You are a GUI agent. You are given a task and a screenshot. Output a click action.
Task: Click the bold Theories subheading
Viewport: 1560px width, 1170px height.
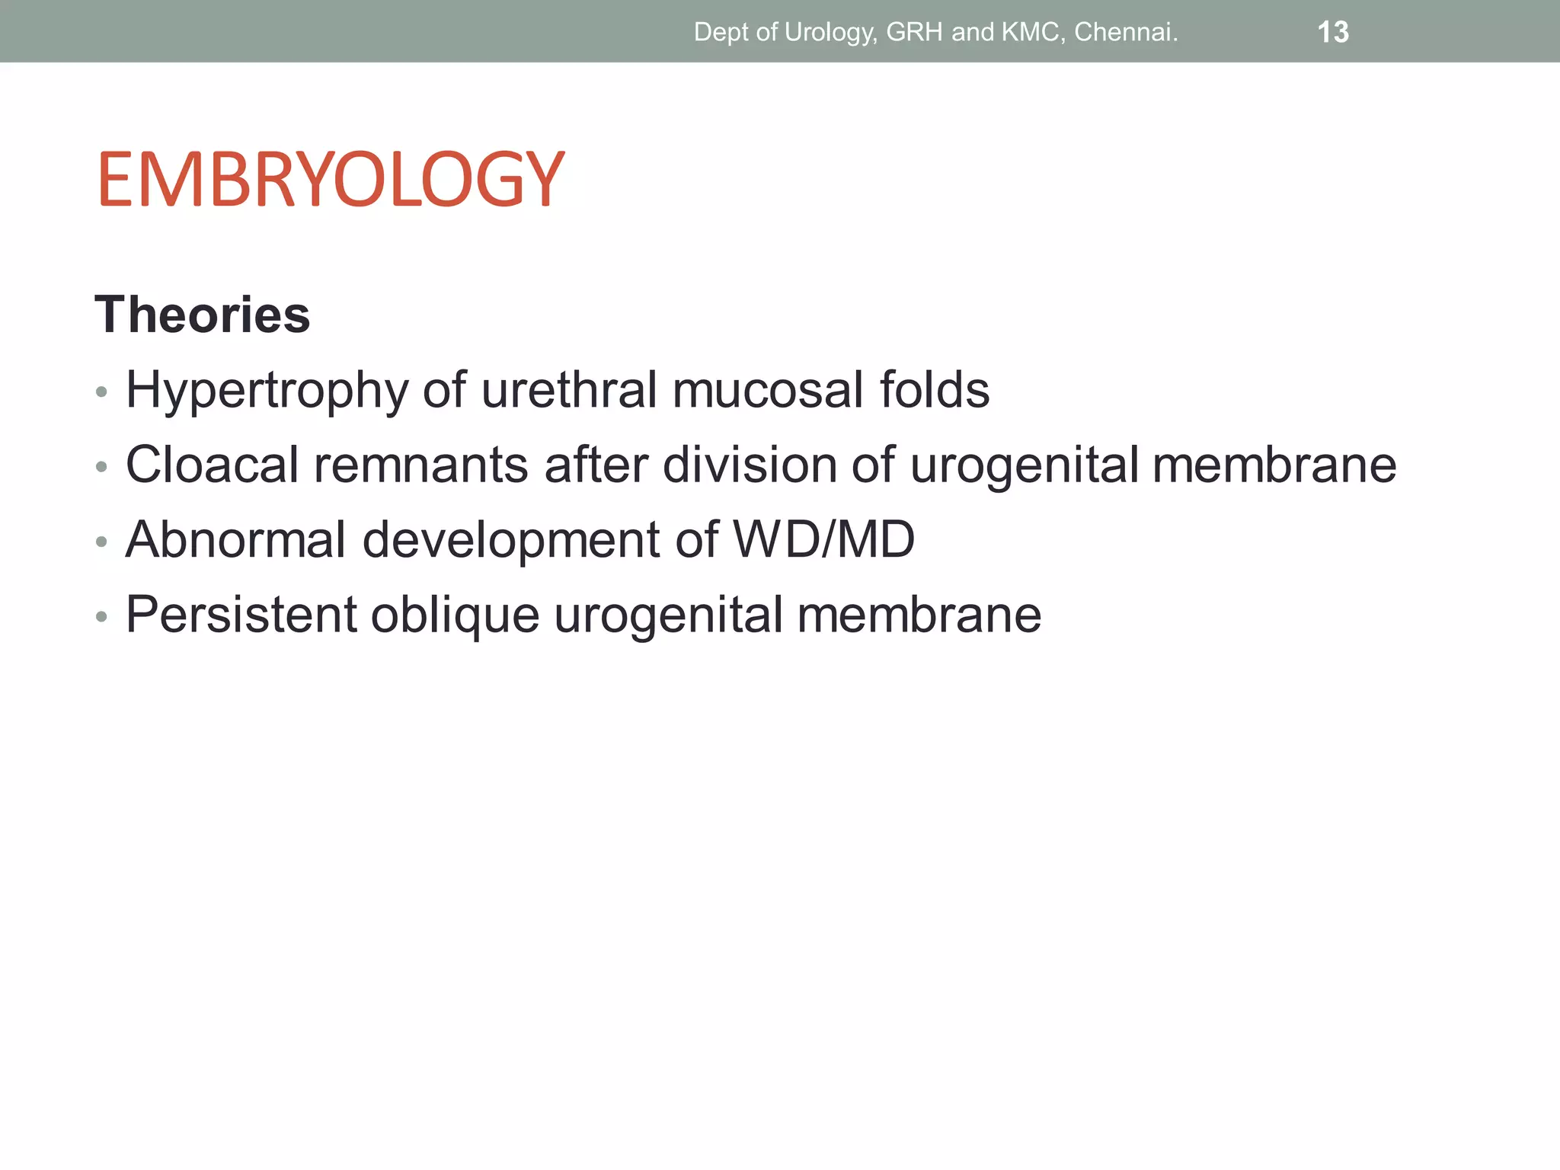203,315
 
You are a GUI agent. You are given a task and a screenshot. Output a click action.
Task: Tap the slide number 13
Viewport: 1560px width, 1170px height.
1332,32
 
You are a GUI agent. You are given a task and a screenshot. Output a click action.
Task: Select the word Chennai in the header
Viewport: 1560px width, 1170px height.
1125,32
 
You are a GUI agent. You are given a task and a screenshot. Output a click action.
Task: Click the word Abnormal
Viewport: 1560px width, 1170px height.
236,539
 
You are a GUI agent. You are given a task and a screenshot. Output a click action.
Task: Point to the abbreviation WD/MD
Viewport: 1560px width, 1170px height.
823,539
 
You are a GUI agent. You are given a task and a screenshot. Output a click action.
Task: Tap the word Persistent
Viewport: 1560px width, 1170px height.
241,614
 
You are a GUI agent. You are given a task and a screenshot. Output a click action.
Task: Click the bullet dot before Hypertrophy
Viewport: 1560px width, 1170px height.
102,393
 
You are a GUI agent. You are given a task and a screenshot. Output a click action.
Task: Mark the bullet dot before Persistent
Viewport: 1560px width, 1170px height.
102,617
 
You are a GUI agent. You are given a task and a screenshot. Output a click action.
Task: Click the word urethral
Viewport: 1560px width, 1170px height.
569,390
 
